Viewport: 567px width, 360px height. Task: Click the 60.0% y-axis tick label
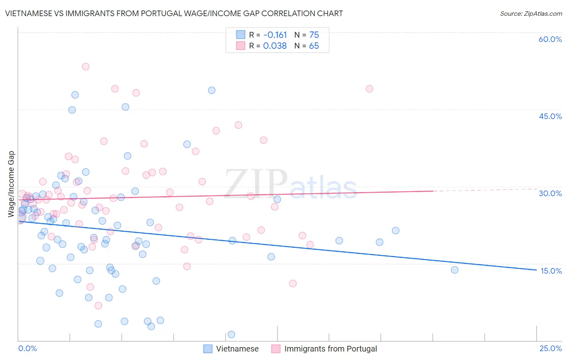pos(550,39)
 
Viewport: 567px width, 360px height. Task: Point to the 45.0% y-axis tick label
pos(550,116)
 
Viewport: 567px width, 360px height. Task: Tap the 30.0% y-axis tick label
pos(550,193)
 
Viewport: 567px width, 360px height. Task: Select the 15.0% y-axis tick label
pos(551,271)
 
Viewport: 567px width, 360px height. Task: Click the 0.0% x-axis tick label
pos(27,348)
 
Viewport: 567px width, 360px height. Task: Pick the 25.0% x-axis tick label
pos(550,348)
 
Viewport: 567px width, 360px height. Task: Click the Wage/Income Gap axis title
pos(11,184)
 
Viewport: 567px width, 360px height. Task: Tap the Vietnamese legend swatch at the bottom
pos(208,349)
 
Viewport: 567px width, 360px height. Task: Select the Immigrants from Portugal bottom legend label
pos(330,349)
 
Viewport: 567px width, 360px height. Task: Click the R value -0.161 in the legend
pos(275,35)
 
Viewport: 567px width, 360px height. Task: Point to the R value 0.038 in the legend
pos(275,46)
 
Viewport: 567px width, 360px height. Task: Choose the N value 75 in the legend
pos(314,35)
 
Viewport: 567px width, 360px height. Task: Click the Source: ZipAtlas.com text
pos(531,14)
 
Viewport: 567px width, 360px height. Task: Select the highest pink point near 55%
pos(85,67)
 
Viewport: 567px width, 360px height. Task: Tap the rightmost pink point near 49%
pos(369,89)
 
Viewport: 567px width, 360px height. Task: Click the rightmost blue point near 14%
pos(454,270)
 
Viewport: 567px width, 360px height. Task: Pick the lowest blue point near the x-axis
pos(231,334)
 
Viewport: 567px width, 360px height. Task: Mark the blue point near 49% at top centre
pos(212,90)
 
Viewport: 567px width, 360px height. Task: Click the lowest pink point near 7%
pos(98,306)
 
